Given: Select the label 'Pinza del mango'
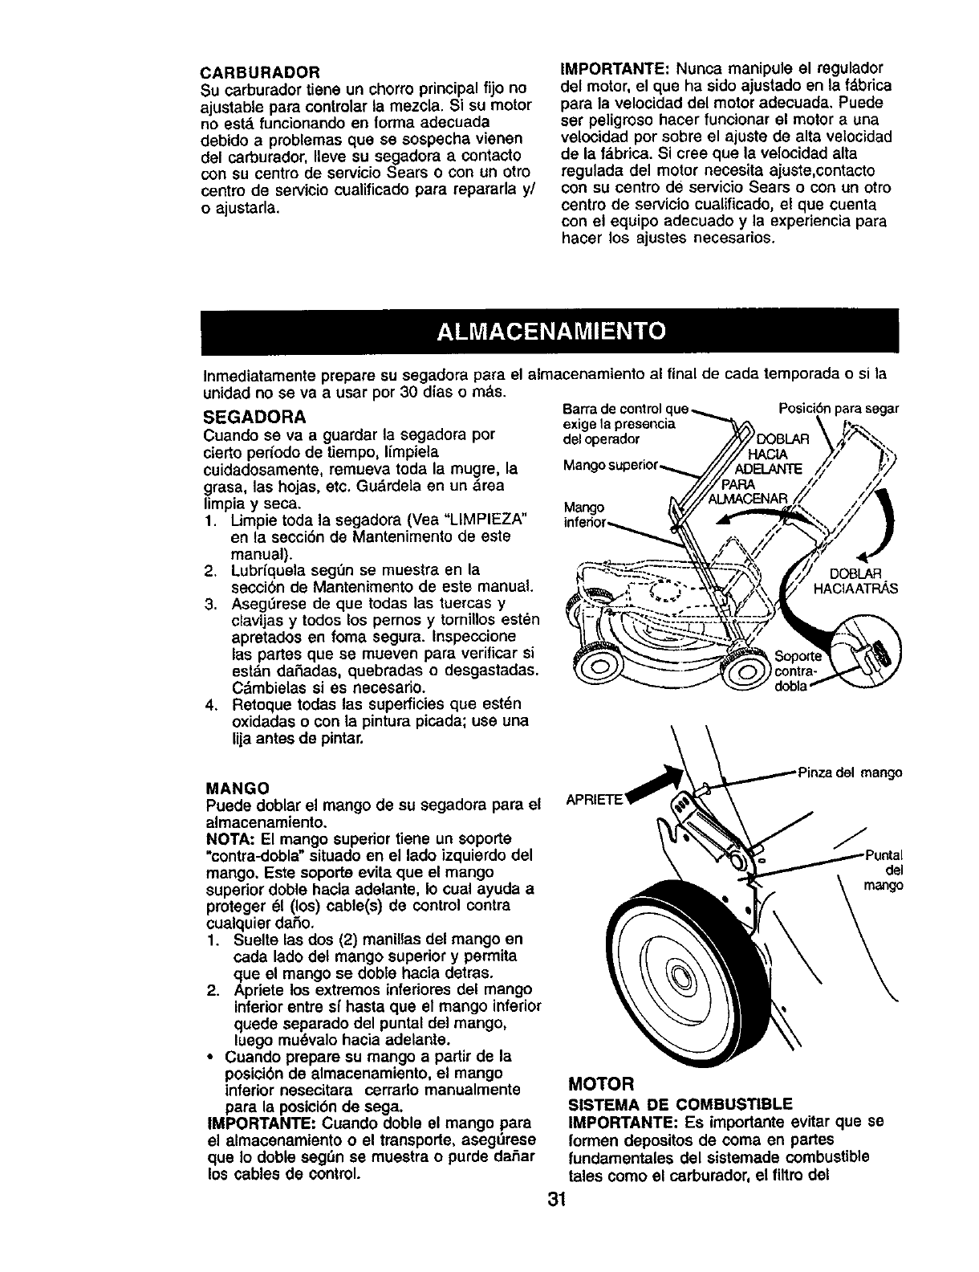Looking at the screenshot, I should (x=850, y=773).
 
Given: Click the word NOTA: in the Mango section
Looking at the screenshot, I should (x=227, y=838).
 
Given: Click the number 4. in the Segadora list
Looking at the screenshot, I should (x=211, y=704).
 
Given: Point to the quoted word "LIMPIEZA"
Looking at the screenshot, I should (x=489, y=522).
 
